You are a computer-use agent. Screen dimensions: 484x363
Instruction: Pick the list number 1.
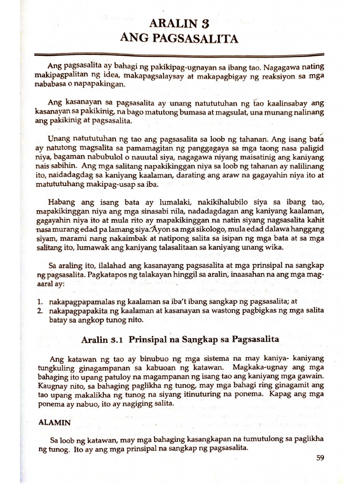41,302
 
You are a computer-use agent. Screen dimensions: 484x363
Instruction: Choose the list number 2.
41,311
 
